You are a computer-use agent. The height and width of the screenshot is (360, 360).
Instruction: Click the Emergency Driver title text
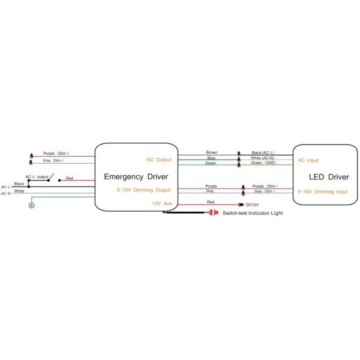pyautogui.click(x=136, y=177)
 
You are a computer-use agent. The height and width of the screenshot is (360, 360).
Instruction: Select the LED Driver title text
pyautogui.click(x=329, y=177)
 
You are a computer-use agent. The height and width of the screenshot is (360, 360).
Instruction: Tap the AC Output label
pyautogui.click(x=159, y=160)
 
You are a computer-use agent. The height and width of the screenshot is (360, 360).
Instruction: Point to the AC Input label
pyautogui.click(x=308, y=160)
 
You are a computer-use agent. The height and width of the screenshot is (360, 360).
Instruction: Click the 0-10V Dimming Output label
pyautogui.click(x=144, y=190)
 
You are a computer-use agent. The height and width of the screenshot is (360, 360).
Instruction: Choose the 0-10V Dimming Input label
pyautogui.click(x=323, y=192)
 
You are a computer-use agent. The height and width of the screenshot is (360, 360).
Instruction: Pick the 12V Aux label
pyautogui.click(x=162, y=203)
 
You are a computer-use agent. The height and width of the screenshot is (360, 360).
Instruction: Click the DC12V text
pyautogui.click(x=253, y=205)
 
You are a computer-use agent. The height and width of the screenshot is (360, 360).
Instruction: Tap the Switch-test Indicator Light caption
pyautogui.click(x=253, y=213)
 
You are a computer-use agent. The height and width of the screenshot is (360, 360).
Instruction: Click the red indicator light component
pyautogui.click(x=213, y=212)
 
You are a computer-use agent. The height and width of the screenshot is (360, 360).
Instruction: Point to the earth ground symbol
pyautogui.click(x=32, y=205)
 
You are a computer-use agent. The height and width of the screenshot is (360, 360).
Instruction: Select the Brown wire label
pyautogui.click(x=212, y=152)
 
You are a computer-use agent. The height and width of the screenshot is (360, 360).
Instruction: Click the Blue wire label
pyautogui.click(x=211, y=158)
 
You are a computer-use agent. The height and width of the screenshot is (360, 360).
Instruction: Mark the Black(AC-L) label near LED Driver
pyautogui.click(x=263, y=152)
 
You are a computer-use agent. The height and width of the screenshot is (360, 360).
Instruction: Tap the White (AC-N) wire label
pyautogui.click(x=262, y=158)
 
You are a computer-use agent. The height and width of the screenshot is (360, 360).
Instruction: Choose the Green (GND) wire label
pyautogui.click(x=263, y=163)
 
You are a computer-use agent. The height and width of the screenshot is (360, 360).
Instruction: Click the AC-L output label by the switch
pyautogui.click(x=37, y=177)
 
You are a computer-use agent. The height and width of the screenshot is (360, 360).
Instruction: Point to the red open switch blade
pyautogui.click(x=51, y=176)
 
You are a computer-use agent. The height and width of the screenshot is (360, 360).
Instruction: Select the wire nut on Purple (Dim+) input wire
pyautogui.click(x=31, y=155)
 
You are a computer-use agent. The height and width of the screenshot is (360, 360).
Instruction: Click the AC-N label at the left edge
pyautogui.click(x=6, y=194)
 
